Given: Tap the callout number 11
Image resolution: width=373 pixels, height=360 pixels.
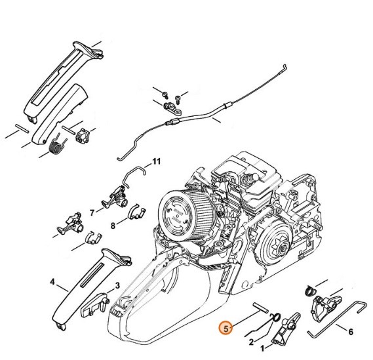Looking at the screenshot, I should (156, 161).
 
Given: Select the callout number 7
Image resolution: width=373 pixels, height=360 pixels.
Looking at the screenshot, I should (92, 212).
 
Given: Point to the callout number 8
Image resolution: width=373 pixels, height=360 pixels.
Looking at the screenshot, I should (113, 225).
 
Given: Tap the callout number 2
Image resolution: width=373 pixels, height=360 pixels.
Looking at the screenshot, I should (251, 341).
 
